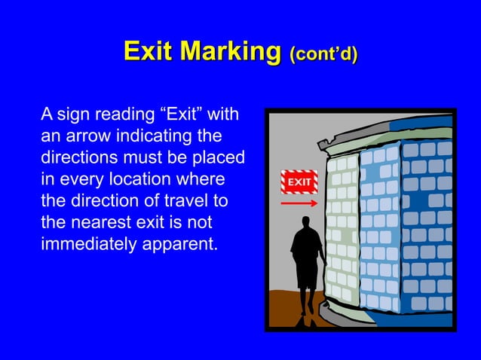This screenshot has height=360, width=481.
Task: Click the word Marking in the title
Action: click(231, 52)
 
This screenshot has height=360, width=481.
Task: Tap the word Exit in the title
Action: click(149, 52)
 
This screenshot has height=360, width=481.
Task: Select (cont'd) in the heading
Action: click(323, 54)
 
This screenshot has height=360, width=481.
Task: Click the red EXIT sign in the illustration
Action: click(299, 182)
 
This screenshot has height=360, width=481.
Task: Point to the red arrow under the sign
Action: click(299, 202)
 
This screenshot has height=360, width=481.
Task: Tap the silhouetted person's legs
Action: click(306, 297)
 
